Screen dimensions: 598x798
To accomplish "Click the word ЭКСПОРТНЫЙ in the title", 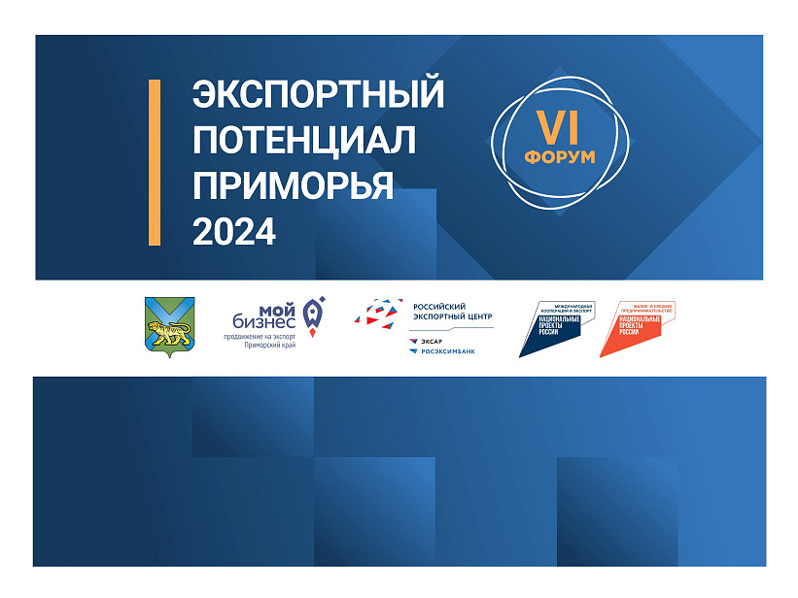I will (x=318, y=95).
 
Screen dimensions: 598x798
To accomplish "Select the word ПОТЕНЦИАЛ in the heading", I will (x=303, y=140).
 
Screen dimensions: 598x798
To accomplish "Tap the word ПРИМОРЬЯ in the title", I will (x=293, y=185).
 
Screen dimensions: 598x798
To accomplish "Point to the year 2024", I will (x=233, y=230).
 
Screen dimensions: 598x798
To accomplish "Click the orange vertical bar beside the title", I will (x=155, y=162).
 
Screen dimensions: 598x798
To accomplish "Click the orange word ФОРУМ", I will (x=559, y=156).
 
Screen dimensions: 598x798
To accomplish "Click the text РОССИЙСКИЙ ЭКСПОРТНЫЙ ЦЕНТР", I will (x=453, y=311).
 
